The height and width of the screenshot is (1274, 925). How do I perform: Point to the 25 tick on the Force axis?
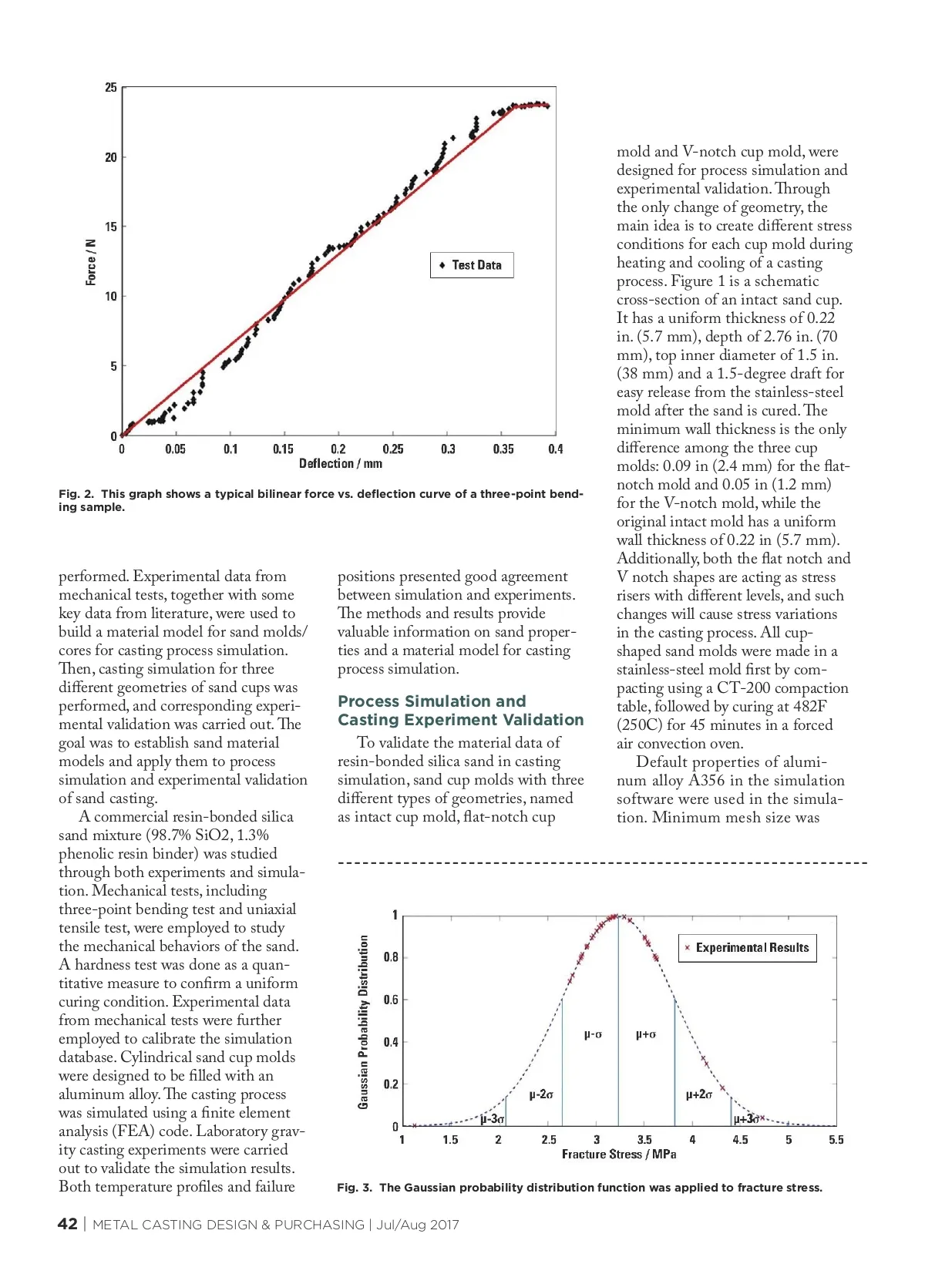pos(111,88)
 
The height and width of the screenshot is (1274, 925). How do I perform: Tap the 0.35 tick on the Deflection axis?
pos(503,449)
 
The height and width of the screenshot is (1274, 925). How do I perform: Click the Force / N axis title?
pos(91,262)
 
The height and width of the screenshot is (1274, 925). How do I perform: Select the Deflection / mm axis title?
pos(340,464)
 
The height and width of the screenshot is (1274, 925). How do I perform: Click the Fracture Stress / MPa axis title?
pos(618,1155)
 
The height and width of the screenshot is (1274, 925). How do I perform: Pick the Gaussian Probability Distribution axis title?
pos(363,1022)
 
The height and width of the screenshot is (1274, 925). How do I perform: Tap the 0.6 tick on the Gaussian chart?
pos(391,1000)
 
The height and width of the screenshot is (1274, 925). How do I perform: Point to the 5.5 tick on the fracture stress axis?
pos(836,1140)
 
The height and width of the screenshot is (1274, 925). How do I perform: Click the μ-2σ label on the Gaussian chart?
pos(540,1094)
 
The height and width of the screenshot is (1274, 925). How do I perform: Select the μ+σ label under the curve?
pos(645,1034)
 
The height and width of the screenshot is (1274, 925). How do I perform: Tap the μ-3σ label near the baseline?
pos(492,1119)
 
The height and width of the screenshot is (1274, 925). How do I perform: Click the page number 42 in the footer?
pos(68,1225)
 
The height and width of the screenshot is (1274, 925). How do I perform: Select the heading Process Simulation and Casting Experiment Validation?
pos(460,711)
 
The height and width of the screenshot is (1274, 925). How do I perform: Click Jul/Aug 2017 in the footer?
pos(417,1225)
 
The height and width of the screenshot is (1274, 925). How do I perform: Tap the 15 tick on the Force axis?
pos(111,227)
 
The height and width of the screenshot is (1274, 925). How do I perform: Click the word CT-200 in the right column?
pos(744,688)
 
